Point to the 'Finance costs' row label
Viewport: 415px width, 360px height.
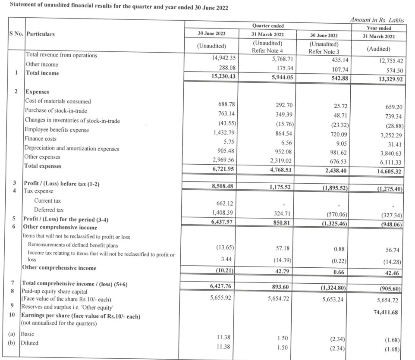(41, 139)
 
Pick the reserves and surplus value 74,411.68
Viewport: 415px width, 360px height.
(380, 312)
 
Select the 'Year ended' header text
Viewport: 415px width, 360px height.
(378, 28)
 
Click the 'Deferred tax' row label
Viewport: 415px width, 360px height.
(49, 210)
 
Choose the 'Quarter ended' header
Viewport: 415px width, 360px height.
(267, 26)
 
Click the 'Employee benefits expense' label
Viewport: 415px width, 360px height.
(57, 130)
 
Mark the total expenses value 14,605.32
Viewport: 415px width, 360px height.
(380, 171)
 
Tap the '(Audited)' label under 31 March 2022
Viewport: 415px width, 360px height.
(378, 49)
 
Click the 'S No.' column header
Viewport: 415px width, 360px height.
(16, 34)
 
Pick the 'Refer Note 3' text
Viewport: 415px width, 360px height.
(324, 51)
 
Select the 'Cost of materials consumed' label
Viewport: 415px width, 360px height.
(58, 101)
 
